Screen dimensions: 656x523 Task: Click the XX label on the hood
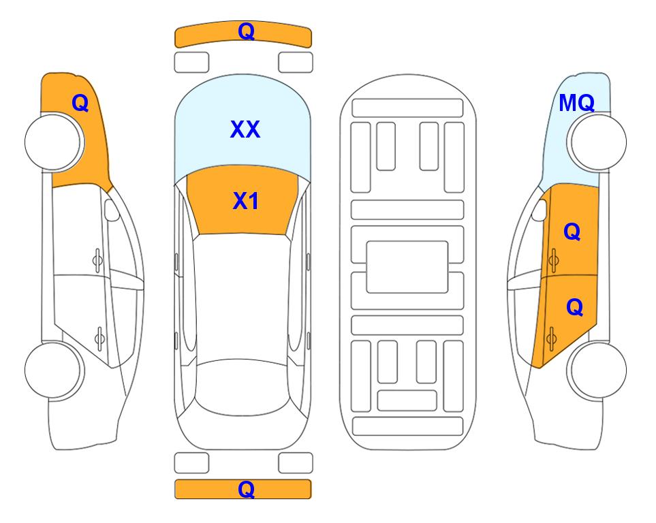245,129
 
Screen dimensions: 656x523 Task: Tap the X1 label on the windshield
246,201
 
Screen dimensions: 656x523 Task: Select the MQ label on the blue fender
576,103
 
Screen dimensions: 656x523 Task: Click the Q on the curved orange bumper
246,31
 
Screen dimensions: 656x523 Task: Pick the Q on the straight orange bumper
246,489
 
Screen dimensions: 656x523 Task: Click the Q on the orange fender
80,103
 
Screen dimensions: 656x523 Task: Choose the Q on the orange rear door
574,308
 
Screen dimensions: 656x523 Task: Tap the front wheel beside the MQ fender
597,142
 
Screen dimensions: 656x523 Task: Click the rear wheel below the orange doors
597,370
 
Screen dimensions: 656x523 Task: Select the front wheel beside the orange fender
54,142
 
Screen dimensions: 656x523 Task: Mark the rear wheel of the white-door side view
54,370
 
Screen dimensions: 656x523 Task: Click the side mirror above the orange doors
540,210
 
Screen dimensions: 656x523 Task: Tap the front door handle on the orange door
553,260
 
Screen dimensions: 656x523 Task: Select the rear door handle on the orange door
551,338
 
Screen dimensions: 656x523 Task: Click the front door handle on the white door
97,260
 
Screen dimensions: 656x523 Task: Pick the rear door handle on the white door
99,338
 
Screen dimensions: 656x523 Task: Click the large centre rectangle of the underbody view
407,267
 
